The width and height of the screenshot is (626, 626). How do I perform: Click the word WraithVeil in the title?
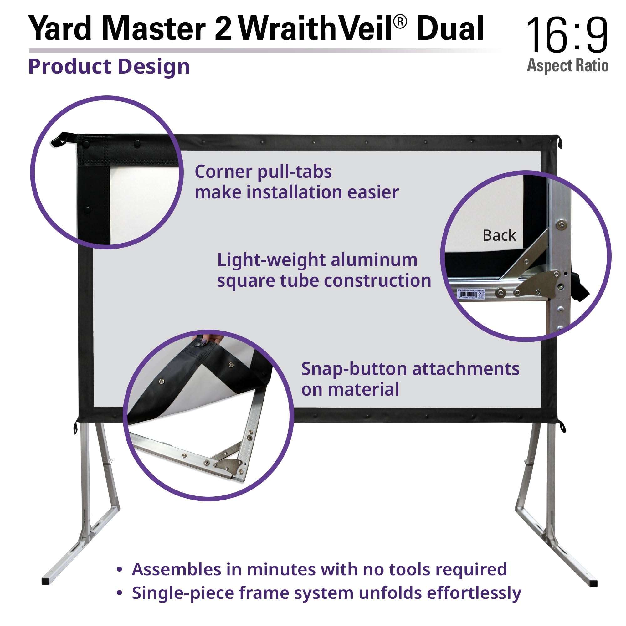(x=317, y=28)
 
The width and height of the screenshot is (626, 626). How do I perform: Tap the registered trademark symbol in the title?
(x=401, y=22)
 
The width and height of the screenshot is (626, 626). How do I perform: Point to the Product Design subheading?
(x=109, y=67)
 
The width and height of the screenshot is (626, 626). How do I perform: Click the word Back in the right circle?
(x=499, y=236)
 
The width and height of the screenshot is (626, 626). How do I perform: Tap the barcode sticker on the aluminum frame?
(x=471, y=293)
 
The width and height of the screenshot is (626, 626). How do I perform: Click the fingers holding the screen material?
(x=208, y=340)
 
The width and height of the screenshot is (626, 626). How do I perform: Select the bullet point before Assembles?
(x=120, y=570)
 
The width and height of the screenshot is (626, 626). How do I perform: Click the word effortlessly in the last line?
(x=474, y=593)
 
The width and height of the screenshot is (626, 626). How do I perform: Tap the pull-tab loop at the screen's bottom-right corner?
(x=563, y=427)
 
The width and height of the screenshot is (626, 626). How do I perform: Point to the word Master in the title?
(x=156, y=28)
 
